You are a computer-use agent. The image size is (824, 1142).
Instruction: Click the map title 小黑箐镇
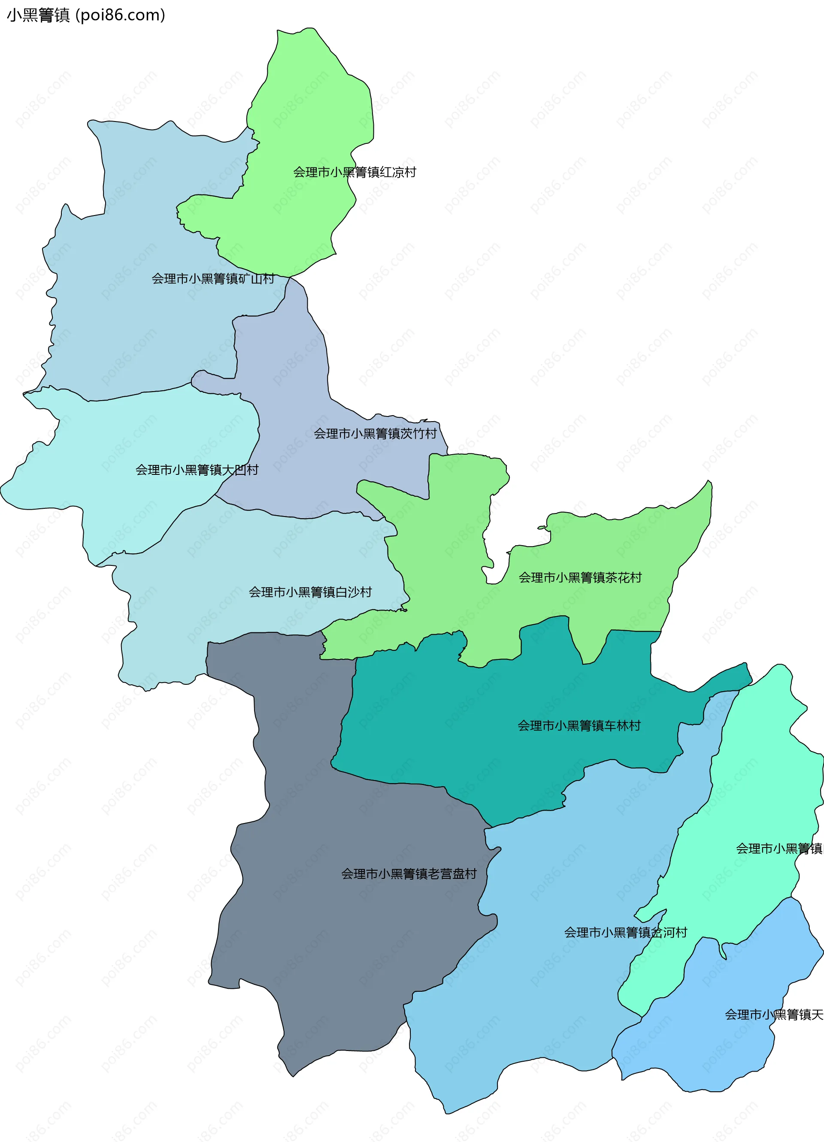(x=38, y=15)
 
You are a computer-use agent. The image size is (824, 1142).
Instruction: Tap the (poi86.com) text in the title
(x=120, y=15)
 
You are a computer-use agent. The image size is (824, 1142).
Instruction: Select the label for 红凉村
(x=355, y=172)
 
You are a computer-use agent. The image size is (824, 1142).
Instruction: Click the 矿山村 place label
(x=213, y=279)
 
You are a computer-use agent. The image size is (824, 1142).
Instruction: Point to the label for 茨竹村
(x=375, y=434)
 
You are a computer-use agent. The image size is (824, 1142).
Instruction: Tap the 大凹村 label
(x=197, y=470)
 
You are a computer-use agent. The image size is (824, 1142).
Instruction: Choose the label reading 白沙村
(x=310, y=592)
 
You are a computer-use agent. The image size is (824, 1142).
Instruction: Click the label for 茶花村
(x=580, y=577)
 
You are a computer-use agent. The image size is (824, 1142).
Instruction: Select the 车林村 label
(x=579, y=726)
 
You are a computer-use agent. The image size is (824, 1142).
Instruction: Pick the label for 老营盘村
(x=409, y=874)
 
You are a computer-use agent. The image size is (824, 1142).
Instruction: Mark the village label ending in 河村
(x=625, y=932)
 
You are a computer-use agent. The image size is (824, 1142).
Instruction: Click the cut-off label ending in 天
(x=774, y=1014)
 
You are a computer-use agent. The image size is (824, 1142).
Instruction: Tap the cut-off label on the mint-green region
(x=779, y=848)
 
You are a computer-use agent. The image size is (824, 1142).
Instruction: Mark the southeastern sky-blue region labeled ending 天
(x=730, y=1048)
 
